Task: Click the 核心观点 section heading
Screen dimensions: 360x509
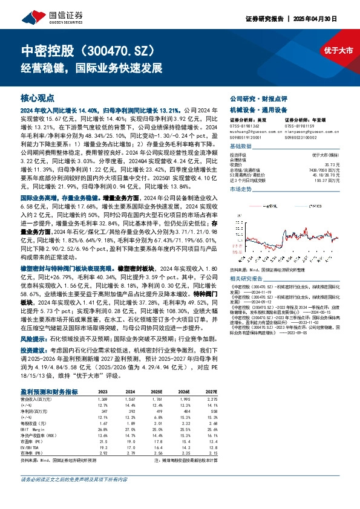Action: [37, 97]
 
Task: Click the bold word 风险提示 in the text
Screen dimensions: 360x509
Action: [34, 339]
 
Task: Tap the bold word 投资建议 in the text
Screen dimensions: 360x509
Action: [34, 350]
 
